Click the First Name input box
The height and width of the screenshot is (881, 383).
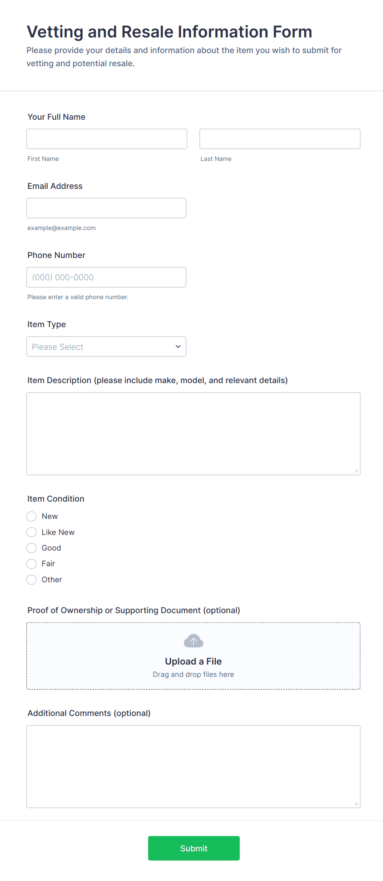point(107,139)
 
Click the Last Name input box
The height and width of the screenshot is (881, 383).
point(280,139)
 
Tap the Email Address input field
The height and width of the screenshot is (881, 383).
point(106,208)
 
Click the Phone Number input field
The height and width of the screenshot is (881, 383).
point(106,277)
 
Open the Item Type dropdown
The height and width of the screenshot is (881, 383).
point(106,346)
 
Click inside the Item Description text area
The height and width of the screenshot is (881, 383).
point(193,434)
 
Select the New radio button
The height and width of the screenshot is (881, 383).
point(32,516)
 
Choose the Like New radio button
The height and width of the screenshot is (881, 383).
point(32,532)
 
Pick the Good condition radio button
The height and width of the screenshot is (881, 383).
point(32,548)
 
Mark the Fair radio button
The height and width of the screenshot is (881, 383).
point(32,564)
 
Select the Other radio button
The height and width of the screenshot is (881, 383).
point(32,580)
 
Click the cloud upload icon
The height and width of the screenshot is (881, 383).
point(194,641)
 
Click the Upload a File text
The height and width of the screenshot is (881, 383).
point(193,661)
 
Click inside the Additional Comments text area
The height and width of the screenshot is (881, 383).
point(193,766)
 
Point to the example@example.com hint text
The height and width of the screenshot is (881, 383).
point(61,228)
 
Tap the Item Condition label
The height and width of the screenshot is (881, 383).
point(56,499)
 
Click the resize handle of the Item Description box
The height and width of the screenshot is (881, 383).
point(356,471)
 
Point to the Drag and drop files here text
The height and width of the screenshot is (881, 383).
point(193,674)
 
